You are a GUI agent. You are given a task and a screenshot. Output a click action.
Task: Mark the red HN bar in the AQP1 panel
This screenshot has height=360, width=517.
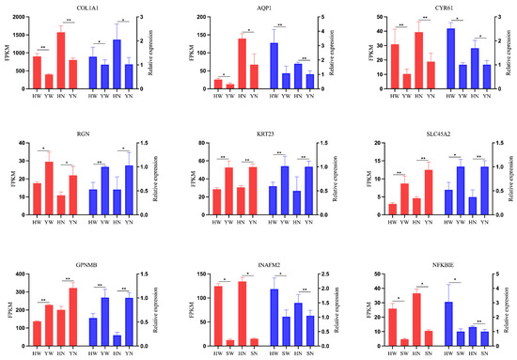pyautogui.click(x=242, y=65)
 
